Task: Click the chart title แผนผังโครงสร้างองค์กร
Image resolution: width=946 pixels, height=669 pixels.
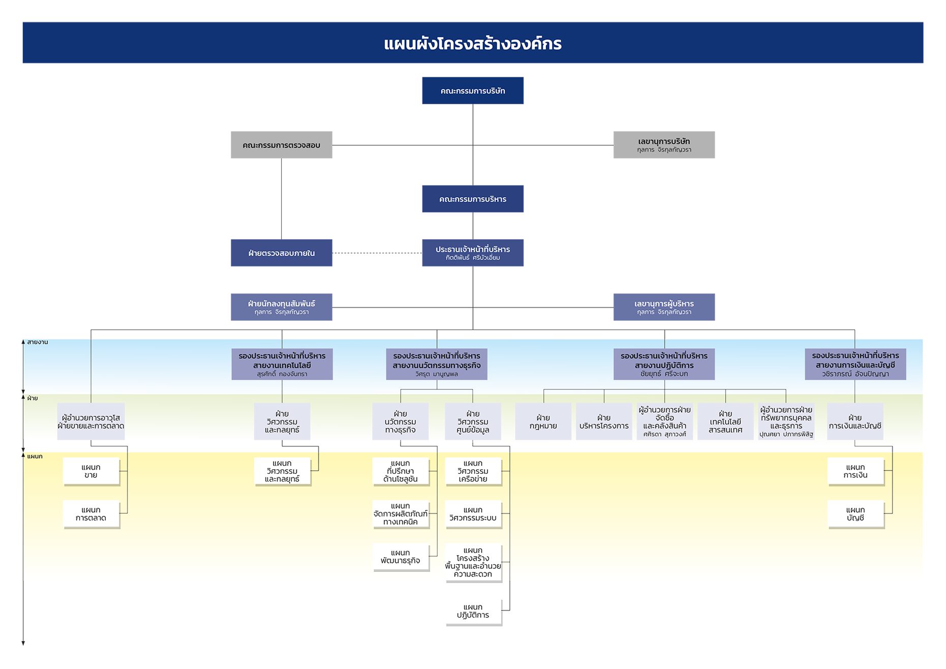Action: click(473, 44)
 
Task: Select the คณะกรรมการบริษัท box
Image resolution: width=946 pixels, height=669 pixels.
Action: click(473, 91)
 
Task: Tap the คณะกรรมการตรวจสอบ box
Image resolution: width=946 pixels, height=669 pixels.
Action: click(281, 145)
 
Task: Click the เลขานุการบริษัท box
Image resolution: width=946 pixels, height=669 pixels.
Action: click(664, 145)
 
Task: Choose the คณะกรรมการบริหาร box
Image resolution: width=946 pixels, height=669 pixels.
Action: click(473, 199)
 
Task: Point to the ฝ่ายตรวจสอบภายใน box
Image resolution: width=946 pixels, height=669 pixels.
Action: click(281, 253)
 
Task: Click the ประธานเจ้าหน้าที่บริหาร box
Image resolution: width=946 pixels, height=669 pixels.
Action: click(473, 253)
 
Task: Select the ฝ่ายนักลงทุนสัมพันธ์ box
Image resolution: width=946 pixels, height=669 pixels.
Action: click(281, 307)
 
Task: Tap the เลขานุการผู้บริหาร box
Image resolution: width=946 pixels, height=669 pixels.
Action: click(664, 307)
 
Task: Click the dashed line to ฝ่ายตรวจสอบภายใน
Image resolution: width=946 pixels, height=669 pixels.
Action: click(377, 253)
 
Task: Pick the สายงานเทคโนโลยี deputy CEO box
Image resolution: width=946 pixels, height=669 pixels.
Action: click(282, 364)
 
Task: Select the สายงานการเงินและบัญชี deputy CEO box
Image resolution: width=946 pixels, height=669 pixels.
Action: click(855, 364)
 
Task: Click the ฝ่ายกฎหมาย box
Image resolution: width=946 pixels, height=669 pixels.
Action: click(543, 421)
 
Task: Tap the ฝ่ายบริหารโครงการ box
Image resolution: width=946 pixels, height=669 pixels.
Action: click(604, 421)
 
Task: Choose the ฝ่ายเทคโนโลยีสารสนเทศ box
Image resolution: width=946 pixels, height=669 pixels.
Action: click(725, 421)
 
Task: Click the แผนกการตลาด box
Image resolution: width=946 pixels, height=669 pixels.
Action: click(91, 514)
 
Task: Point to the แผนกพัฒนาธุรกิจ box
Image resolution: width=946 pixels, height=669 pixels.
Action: click(401, 557)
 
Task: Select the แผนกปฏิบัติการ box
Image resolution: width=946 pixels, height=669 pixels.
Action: click(473, 611)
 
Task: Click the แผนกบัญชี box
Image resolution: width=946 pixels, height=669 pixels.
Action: click(856, 514)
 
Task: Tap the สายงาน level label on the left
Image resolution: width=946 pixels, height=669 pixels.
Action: click(37, 342)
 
